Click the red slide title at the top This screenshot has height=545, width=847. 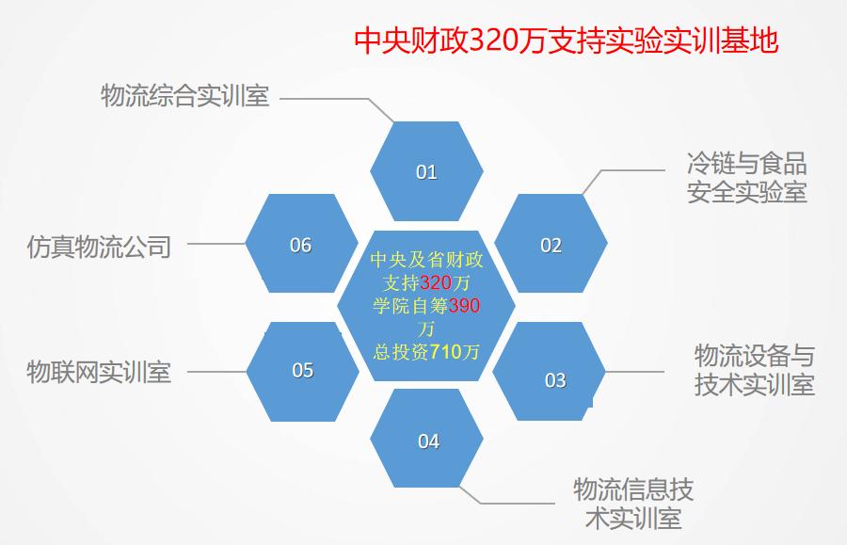[x=567, y=40]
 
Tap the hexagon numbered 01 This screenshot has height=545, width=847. [x=426, y=171]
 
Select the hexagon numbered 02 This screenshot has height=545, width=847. [x=551, y=244]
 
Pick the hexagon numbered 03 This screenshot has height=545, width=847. [x=550, y=372]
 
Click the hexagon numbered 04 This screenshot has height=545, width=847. [x=426, y=438]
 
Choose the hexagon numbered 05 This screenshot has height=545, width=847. [x=302, y=372]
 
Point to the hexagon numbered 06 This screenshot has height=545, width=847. [x=301, y=244]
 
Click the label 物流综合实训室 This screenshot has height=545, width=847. [x=184, y=96]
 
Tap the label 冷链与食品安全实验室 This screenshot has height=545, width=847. [x=747, y=178]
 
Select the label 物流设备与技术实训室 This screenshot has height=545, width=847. [x=754, y=371]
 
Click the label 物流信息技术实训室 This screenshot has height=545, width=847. [x=633, y=504]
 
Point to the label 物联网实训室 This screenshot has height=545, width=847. [x=99, y=372]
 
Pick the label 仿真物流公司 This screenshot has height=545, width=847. [x=99, y=247]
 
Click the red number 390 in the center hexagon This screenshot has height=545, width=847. [x=464, y=306]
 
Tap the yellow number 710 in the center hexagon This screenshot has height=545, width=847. [x=446, y=352]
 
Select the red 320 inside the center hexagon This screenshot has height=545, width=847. [x=437, y=282]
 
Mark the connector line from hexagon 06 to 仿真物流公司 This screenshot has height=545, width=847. [x=216, y=244]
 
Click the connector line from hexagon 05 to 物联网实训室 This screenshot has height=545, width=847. [x=216, y=372]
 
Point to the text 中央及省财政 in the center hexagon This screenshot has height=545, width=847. [x=426, y=260]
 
